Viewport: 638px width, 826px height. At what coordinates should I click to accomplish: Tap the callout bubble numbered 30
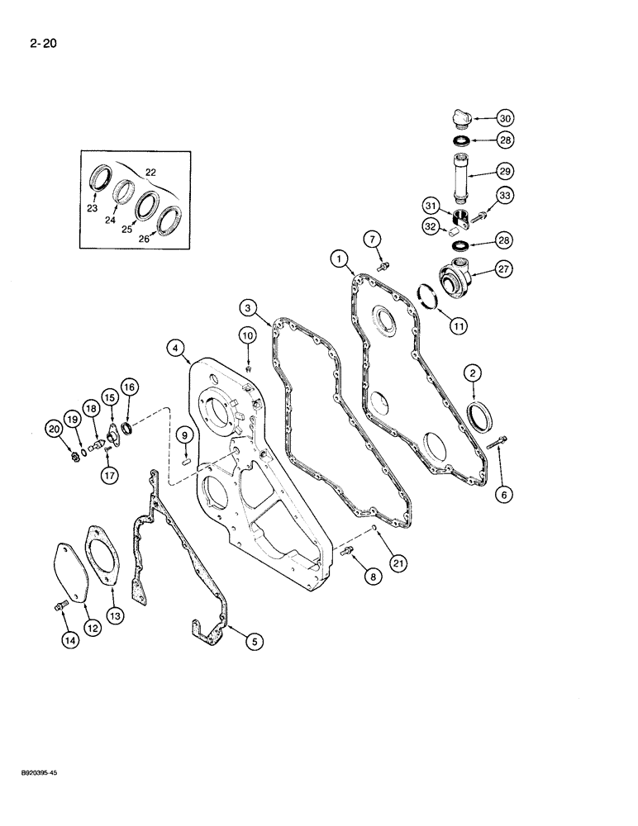tap(506, 117)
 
